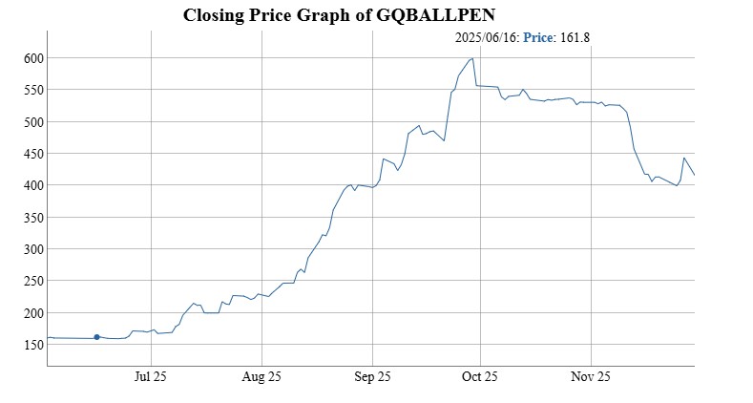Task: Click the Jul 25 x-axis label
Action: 151,377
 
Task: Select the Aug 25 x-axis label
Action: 261,377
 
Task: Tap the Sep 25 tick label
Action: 371,377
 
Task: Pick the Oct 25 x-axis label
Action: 481,377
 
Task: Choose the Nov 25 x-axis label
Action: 591,377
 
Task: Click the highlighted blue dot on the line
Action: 96,337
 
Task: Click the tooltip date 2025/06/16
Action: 487,38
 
